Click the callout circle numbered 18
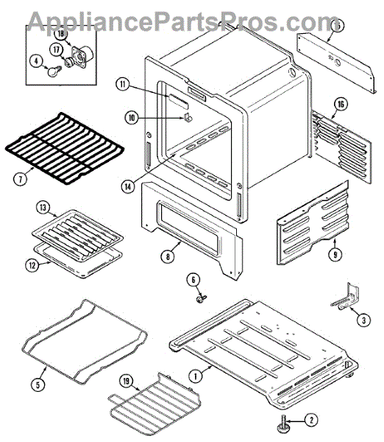pos(61,34)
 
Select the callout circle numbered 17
pos(57,50)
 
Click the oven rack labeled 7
pos(65,148)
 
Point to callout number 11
pos(122,85)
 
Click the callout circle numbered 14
pos(128,187)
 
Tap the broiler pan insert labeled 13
pos(77,236)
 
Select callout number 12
pos(32,265)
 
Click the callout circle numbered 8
pos(168,257)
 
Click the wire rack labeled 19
pos(154,403)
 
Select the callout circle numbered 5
pos(38,385)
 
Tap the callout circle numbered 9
pos(335,255)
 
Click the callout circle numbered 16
pos(341,105)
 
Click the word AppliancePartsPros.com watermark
pos(183,21)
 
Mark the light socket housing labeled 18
pos(82,56)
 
